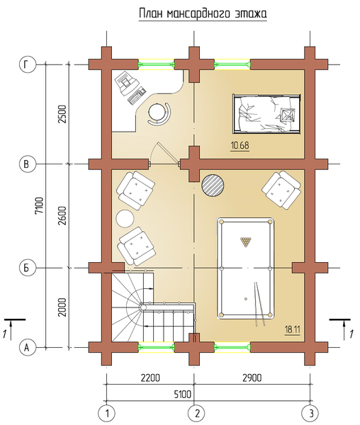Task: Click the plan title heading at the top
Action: pos(203,13)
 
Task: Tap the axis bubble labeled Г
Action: pos(28,64)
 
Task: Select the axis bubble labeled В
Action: pos(28,164)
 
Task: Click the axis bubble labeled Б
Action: pos(28,268)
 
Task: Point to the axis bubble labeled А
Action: pos(28,347)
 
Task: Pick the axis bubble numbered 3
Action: pos(310,414)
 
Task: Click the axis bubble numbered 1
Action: pos(106,414)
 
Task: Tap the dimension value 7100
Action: pos(40,205)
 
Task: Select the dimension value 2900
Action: pos(252,378)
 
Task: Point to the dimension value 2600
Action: pos(63,215)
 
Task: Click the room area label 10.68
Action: pos(240,146)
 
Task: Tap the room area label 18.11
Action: pos(292,330)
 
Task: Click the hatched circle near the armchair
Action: pos(213,186)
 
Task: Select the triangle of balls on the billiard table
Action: pos(246,242)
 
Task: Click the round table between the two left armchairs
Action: pos(125,219)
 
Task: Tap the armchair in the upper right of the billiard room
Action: pos(281,191)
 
